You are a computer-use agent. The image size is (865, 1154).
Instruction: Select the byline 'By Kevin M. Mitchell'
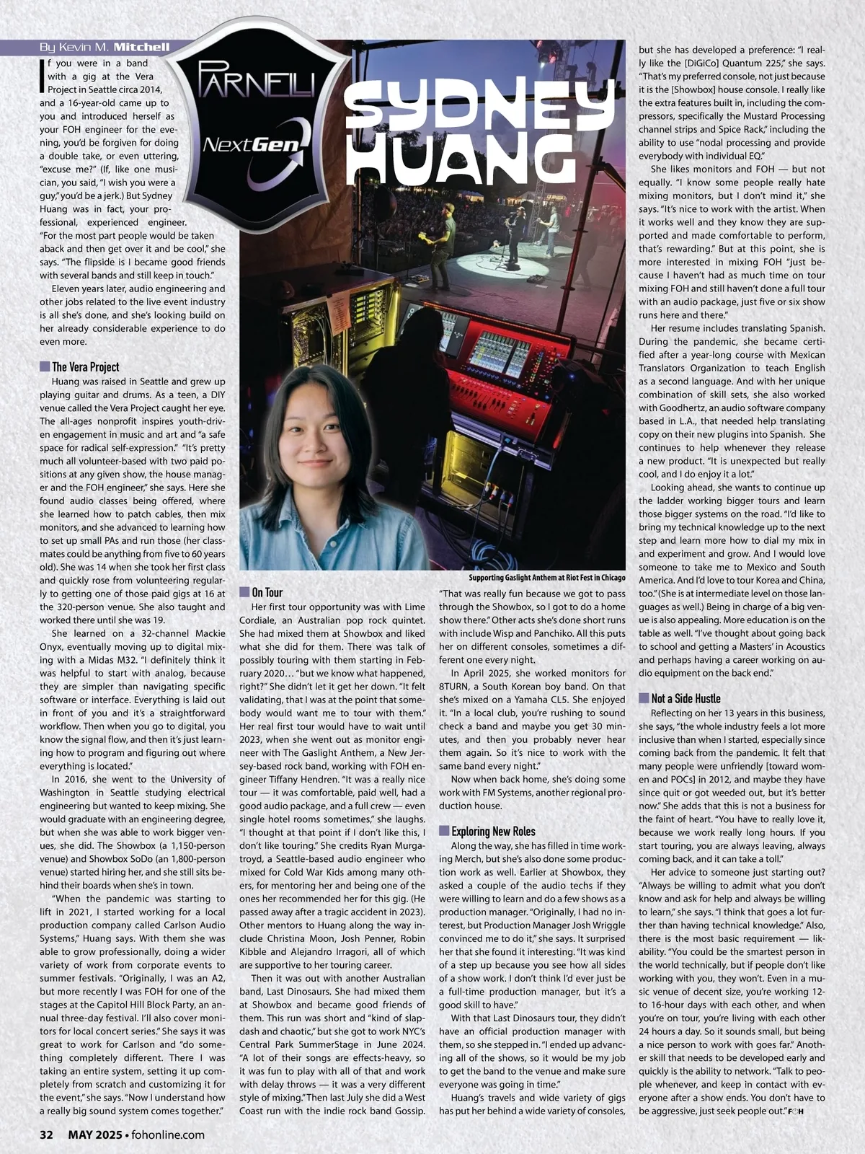pyautogui.click(x=105, y=47)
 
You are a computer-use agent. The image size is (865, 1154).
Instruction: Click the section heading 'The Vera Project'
pyautogui.click(x=85, y=367)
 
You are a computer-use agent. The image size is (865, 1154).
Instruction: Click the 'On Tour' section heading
pyautogui.click(x=267, y=592)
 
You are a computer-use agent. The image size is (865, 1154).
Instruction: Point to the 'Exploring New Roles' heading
pyautogui.click(x=493, y=831)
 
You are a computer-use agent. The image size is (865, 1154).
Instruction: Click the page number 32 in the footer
pyautogui.click(x=46, y=1135)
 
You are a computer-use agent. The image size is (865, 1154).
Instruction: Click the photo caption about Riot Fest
pyautogui.click(x=546, y=578)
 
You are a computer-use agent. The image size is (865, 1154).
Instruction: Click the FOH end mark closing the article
pyautogui.click(x=795, y=1110)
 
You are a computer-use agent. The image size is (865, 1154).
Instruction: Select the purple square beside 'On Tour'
pyautogui.click(x=244, y=592)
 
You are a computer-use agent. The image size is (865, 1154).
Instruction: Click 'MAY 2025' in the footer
pyautogui.click(x=94, y=1135)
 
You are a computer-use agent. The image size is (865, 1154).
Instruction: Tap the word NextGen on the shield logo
pyautogui.click(x=251, y=145)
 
